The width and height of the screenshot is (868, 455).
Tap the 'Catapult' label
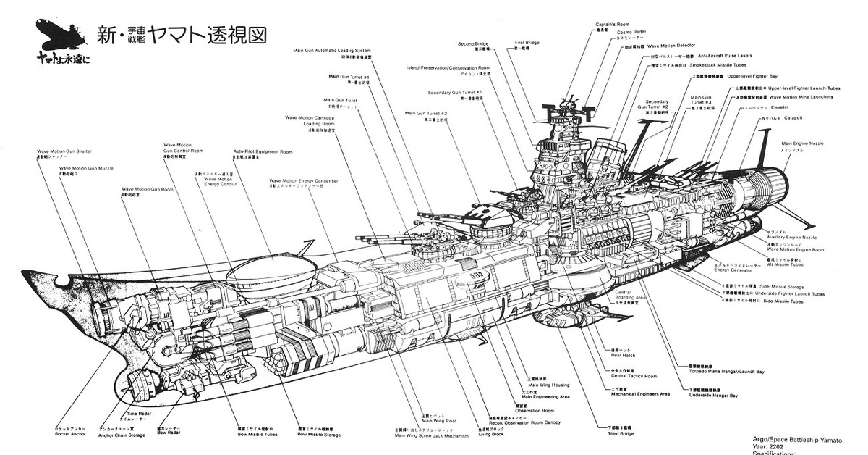pyautogui.click(x=794, y=117)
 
